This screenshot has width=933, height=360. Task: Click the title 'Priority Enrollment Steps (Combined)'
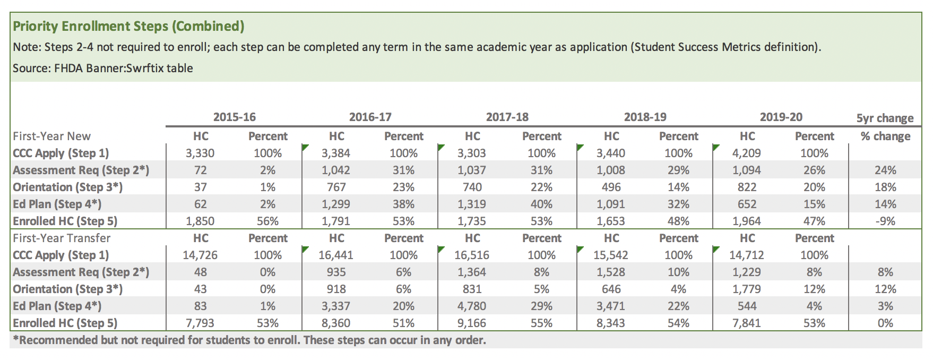coord(128,26)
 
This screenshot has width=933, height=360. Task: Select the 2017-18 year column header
coord(507,117)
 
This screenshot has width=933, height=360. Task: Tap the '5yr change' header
coord(885,118)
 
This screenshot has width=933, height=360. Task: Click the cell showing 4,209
coord(747,153)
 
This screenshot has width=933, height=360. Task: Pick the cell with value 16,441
coord(335,255)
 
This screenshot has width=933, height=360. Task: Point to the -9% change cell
coord(885,221)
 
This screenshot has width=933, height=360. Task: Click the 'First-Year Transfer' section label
coord(62,238)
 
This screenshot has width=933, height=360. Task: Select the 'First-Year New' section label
coord(51,136)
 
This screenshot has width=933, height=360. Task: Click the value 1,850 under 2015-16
coord(200,221)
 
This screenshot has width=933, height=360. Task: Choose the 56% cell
coord(267,221)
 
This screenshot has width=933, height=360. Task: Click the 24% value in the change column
coord(885,170)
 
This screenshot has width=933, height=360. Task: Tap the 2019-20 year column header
coord(781,117)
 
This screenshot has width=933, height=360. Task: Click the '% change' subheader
coord(885,136)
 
